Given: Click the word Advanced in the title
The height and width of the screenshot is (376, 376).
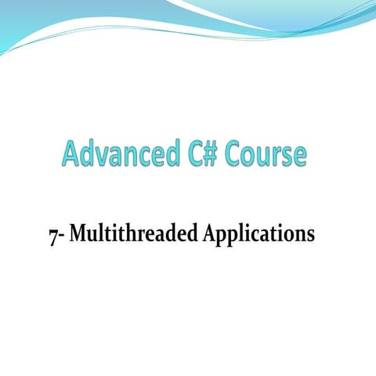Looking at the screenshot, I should coord(119,154).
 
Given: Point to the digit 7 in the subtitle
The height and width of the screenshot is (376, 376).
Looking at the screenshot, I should coord(52,236).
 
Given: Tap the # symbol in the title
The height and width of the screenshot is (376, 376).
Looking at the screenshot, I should coord(212,154).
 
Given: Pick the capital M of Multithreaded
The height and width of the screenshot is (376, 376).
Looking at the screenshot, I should coord(78,234).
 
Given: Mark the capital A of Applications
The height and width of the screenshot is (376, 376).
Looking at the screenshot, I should coord(209,234).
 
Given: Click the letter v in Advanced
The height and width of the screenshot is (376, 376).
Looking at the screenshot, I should coord(106,156).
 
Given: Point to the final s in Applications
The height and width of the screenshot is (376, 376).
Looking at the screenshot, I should coord(310,237).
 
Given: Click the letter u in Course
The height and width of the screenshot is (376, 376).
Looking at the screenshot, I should coord(266,156).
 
